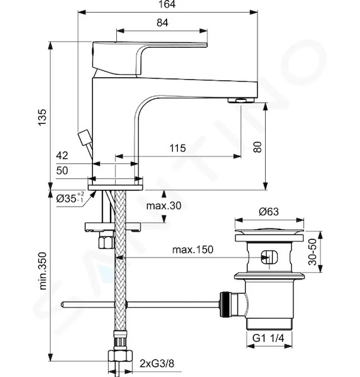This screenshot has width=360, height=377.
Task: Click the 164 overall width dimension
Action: pos(167,4)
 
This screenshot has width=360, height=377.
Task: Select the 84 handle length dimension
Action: pos(162,23)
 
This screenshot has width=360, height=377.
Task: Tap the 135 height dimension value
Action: pos(42,117)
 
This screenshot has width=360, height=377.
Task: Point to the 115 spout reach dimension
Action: pos(178,148)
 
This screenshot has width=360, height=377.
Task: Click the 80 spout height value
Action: pos(258,147)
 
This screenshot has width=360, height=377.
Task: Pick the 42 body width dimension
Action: pos(62,156)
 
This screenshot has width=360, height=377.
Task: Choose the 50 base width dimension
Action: pos(62,170)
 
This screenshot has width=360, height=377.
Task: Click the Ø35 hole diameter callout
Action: pos(70,198)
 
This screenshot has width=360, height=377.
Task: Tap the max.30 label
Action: pos(164,206)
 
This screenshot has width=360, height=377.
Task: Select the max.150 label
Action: pos(193,249)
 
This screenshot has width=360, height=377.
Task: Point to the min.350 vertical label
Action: pos(43,271)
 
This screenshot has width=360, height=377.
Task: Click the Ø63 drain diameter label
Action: pos(269,212)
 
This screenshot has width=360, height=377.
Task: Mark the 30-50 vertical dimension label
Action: pos(312,252)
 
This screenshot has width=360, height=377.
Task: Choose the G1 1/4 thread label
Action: pos(268,338)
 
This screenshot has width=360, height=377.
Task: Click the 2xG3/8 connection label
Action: pos(157,364)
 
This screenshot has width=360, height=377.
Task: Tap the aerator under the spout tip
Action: pos(241,100)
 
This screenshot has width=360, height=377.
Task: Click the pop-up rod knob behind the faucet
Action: pos(84,138)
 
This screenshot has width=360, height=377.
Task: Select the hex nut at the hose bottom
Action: pos(120,356)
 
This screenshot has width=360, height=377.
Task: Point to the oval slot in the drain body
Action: pos(270,257)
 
